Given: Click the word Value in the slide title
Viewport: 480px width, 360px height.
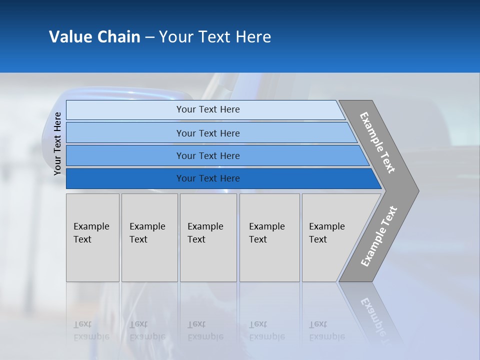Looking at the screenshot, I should tap(69, 37).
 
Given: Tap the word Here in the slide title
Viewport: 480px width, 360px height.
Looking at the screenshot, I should tap(253, 37).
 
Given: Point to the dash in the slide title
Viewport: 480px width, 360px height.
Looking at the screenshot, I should tap(149, 37).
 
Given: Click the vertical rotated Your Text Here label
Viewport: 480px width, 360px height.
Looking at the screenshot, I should tap(57, 144).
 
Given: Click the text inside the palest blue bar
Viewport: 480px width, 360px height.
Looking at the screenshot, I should tap(208, 109).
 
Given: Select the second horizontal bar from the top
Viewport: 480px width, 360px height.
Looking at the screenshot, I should tap(208, 133).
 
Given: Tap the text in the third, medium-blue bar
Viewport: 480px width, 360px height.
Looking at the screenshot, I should tap(208, 156).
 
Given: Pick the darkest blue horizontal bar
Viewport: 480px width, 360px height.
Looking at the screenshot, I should tap(208, 178).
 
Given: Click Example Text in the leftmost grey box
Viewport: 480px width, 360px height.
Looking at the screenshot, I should tap(91, 233).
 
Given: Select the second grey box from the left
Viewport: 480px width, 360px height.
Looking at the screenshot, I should tap(149, 237).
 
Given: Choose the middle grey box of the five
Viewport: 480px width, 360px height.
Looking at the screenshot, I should tap(208, 237).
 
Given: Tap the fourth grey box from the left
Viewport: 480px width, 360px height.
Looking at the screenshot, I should tap(269, 237).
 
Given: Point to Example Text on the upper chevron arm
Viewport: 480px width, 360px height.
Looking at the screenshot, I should tap(377, 142).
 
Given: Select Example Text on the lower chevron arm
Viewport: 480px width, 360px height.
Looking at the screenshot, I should tap(379, 236).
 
